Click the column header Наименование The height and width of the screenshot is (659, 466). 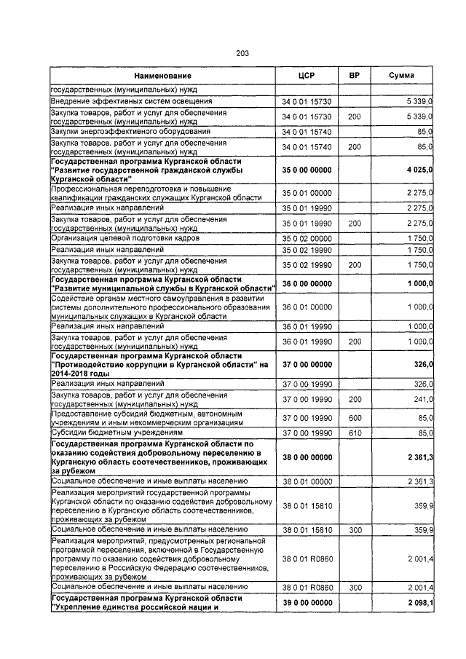(162, 76)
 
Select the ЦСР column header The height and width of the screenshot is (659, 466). (306, 76)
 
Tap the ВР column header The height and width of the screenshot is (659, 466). (354, 76)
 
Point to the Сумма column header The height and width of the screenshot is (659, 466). (402, 76)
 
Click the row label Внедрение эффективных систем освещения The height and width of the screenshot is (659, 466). (131, 101)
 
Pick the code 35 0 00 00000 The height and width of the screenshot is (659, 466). (307, 170)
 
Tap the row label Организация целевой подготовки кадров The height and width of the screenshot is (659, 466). (125, 238)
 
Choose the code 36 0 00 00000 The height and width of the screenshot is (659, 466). (307, 284)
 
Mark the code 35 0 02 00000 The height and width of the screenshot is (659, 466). (307, 238)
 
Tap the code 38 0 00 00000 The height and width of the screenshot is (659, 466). (307, 457)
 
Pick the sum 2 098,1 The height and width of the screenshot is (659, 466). (419, 604)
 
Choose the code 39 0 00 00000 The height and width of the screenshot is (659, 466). (307, 604)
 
